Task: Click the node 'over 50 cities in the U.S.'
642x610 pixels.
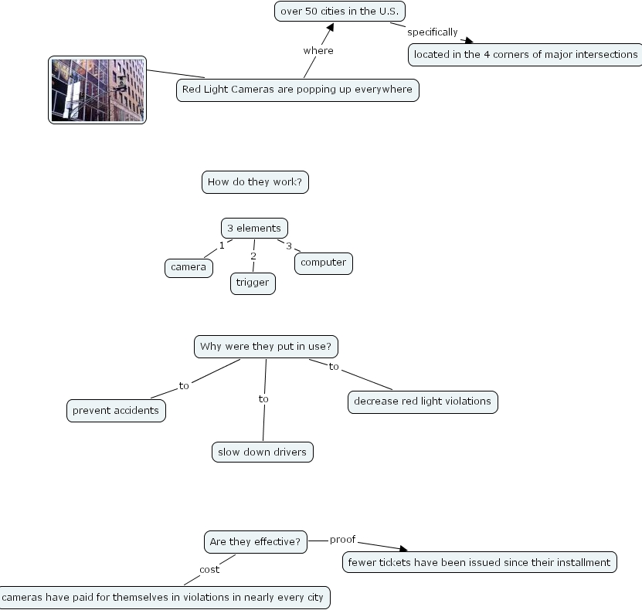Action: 340,12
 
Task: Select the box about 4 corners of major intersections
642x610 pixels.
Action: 525,54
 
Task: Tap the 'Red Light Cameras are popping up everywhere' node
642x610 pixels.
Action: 297,90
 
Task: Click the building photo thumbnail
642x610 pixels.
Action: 97,90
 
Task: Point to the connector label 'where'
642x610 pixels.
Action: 318,51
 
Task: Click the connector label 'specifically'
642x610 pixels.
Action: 433,32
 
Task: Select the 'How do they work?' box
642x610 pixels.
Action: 255,182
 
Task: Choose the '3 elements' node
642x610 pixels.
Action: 254,228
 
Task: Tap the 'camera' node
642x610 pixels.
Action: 189,267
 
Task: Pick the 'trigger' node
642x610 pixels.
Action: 253,283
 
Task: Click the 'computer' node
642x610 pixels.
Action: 323,263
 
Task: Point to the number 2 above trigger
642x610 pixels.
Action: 253,256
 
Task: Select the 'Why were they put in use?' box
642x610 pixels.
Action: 267,347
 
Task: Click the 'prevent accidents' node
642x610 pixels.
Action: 116,411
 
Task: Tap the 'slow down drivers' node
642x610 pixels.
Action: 263,452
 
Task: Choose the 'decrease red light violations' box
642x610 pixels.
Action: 423,402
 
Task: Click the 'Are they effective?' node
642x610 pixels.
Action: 255,541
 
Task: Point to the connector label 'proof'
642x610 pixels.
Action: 343,539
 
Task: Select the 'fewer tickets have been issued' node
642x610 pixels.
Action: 480,562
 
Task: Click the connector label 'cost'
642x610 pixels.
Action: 209,570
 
